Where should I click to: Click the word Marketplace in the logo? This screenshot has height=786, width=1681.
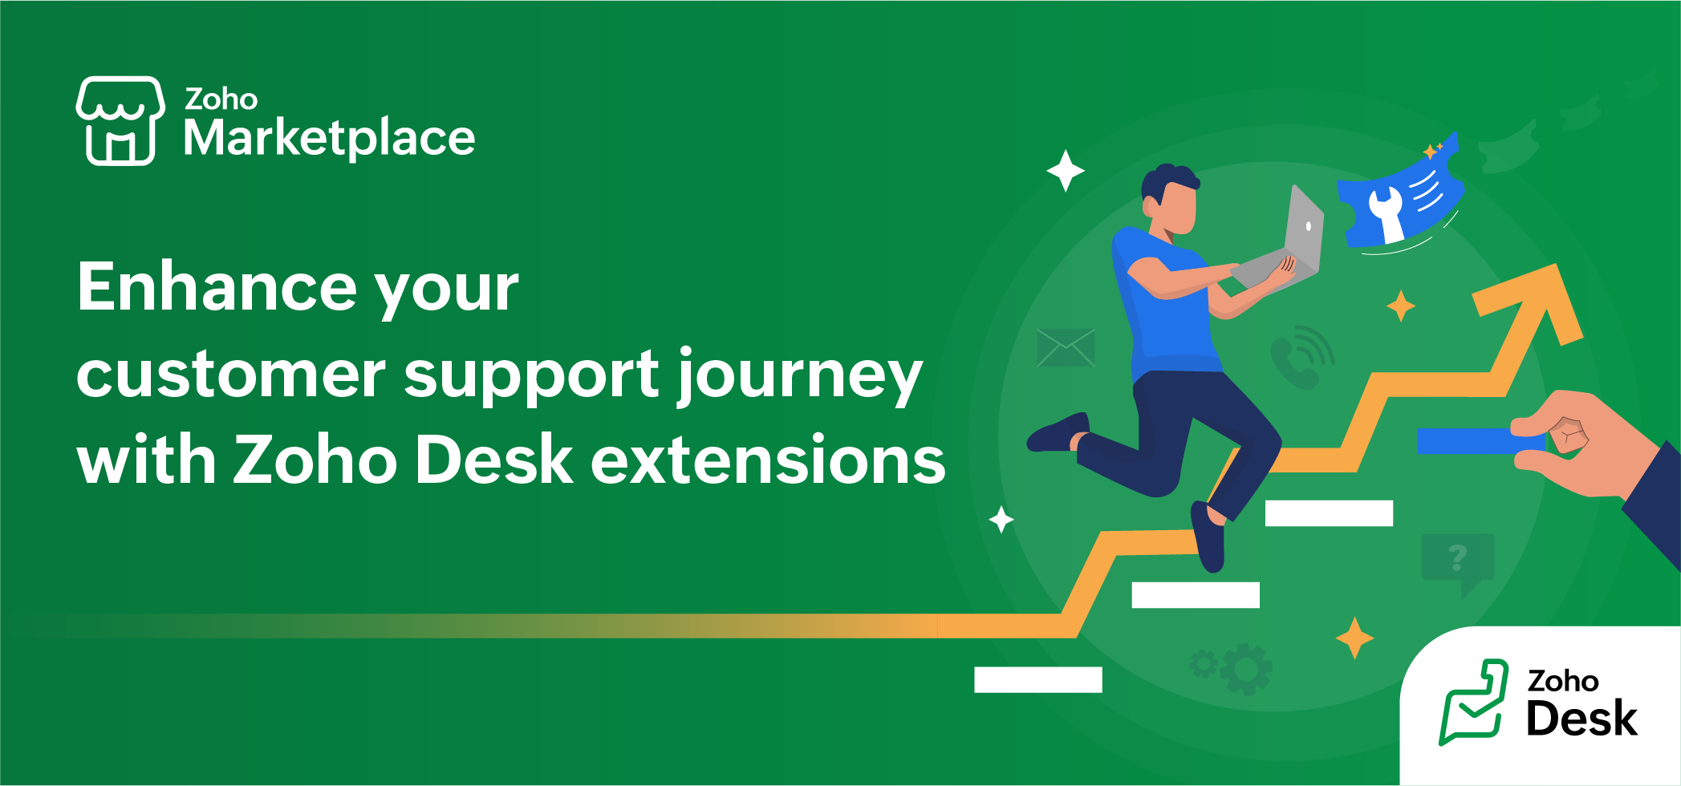[x=329, y=138]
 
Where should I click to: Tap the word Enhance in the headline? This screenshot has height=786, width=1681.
[x=217, y=287]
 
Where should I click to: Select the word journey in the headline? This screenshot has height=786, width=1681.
[x=799, y=375]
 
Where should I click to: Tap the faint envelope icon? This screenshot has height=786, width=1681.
[x=1066, y=347]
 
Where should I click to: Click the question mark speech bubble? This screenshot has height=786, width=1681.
[x=1457, y=559]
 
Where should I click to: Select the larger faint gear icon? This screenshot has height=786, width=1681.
[x=1246, y=668]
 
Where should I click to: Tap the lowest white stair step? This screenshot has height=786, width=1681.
[x=1037, y=679]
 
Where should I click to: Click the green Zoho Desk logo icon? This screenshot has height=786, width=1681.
[x=1472, y=702]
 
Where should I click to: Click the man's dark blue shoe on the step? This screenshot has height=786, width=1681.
[x=1208, y=537]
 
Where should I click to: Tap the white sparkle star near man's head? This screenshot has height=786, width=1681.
[x=1066, y=170]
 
